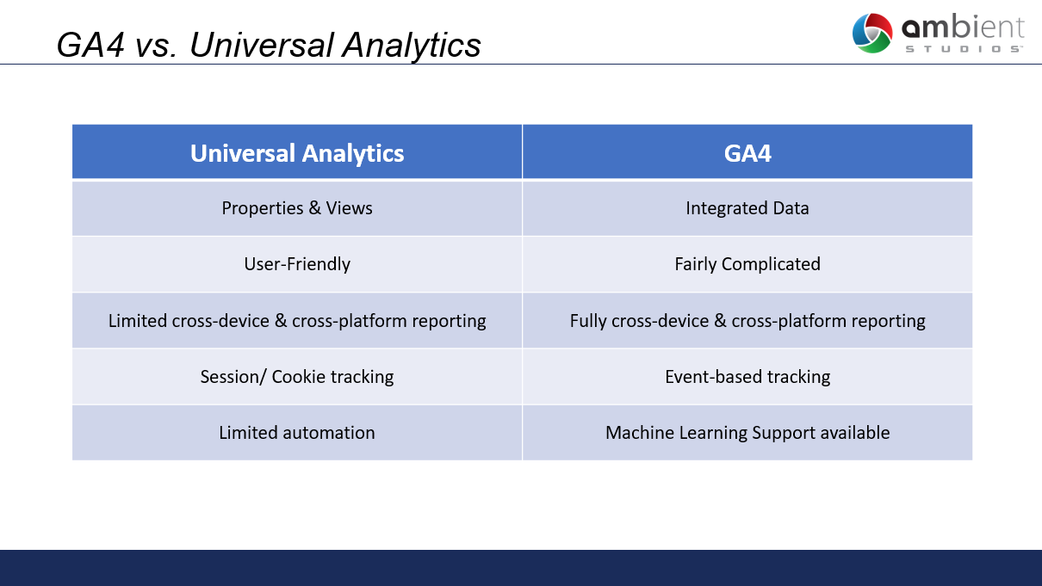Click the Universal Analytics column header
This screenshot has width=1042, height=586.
(297, 153)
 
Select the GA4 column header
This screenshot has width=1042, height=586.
(747, 153)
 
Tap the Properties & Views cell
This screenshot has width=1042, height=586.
(297, 208)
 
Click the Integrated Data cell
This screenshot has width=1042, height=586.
(747, 208)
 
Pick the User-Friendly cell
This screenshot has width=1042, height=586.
(297, 264)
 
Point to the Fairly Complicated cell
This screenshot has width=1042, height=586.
(747, 264)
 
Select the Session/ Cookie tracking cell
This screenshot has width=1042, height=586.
(297, 376)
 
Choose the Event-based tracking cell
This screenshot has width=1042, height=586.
(747, 376)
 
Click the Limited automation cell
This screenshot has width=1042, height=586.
(297, 433)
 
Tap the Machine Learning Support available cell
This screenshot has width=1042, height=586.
(747, 433)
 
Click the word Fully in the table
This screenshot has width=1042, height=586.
(588, 321)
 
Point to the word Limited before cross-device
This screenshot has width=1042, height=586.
(137, 321)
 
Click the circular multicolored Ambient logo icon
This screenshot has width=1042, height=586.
(872, 33)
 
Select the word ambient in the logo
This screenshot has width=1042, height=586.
(963, 28)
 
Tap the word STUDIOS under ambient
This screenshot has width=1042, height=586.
(964, 49)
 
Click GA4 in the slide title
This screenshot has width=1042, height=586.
(90, 45)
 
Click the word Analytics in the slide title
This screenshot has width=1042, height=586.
(412, 46)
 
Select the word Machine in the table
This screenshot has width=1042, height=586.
(640, 433)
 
